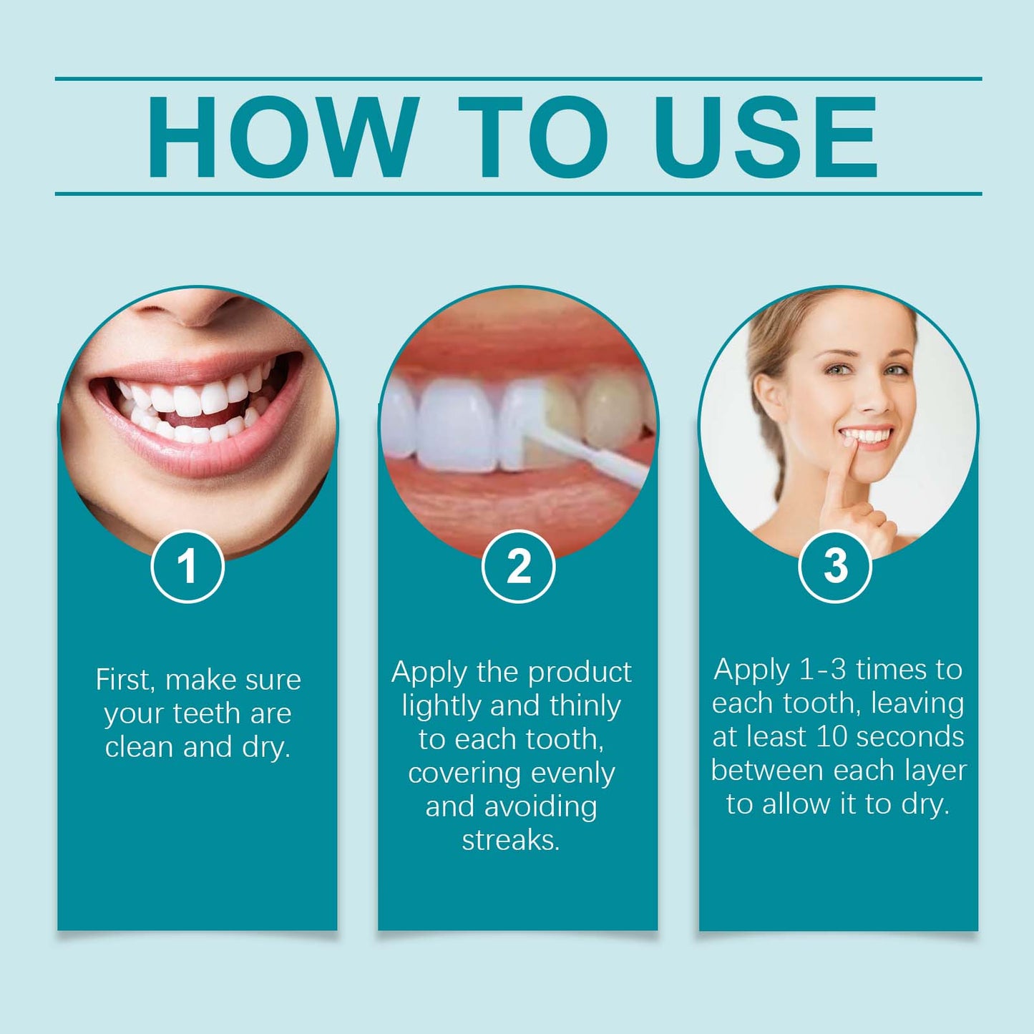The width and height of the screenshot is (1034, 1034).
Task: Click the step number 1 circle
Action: [x=187, y=566]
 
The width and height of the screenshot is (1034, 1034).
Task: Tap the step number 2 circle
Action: [x=518, y=566]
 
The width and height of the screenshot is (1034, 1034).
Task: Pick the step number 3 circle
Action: [x=834, y=566]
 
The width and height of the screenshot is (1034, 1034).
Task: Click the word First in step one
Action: [x=125, y=679]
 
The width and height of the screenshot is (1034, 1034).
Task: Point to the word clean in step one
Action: [x=140, y=747]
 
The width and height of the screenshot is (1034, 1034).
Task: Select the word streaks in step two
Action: [x=509, y=840]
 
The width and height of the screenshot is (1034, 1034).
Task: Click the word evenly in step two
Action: [x=572, y=773]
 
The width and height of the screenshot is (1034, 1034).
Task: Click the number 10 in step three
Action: [x=831, y=736]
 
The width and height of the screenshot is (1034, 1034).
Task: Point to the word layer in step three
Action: [x=935, y=770]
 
